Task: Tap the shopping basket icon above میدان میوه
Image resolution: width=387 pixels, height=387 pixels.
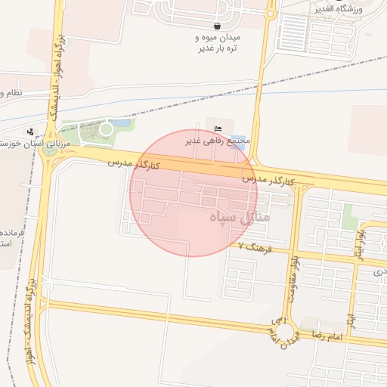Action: [218, 25]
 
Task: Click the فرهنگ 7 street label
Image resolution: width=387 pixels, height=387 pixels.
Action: [252, 246]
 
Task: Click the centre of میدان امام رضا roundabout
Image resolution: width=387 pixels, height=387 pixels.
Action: [286, 330]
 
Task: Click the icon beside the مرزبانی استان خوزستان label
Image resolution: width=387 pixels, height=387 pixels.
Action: [31, 131]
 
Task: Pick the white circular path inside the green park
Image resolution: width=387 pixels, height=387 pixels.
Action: [107, 129]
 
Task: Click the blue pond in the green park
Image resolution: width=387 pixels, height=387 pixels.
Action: [121, 123]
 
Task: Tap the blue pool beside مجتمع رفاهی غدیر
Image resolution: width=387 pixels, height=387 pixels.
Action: [239, 144]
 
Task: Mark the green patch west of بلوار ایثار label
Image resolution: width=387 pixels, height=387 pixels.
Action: [348, 216]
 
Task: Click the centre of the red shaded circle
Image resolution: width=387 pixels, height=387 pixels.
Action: [193, 193]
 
